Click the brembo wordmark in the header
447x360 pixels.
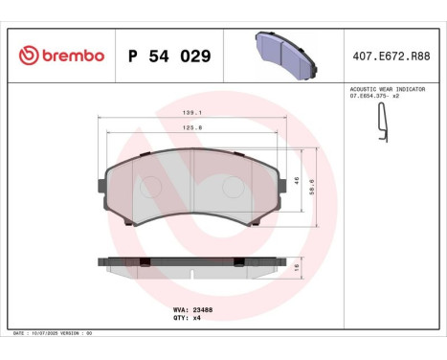coord(72,56)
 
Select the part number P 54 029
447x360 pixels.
coord(168,56)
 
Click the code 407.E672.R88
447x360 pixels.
coord(391,56)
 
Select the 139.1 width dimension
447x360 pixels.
coord(193,111)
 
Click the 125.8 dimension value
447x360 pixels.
coord(193,128)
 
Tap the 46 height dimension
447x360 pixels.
coord(298,179)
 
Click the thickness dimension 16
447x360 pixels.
coord(298,266)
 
